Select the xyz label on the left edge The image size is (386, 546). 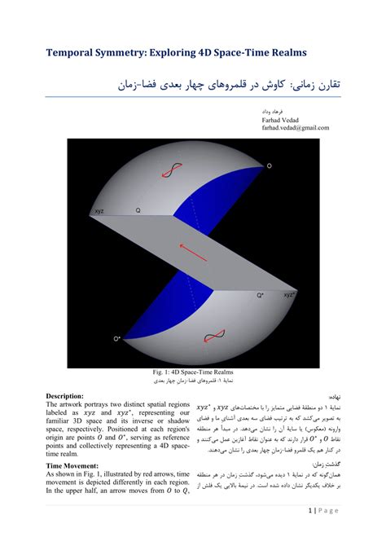[x=99, y=210]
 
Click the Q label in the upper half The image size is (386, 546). [x=138, y=210]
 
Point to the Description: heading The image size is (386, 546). [x=72, y=395]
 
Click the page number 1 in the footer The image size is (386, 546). [x=311, y=511]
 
